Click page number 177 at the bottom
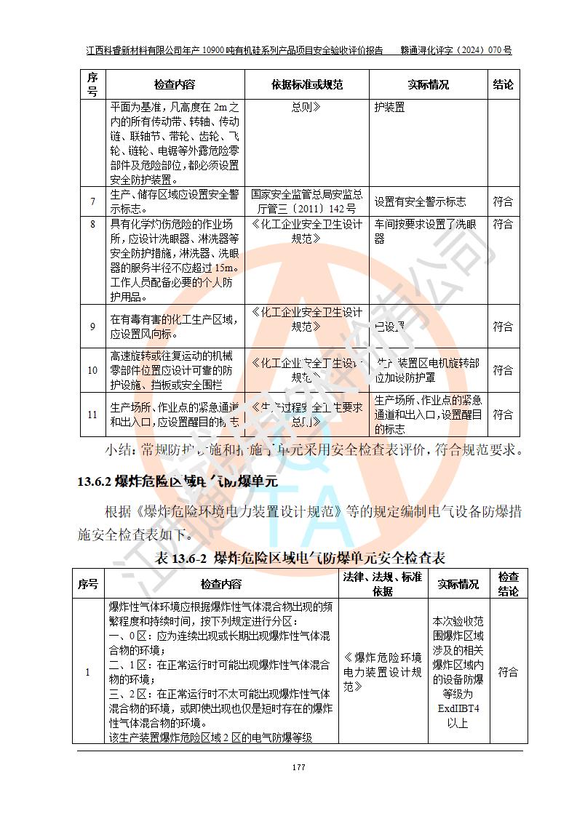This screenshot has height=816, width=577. pyautogui.click(x=298, y=767)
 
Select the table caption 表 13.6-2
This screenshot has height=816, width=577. pyautogui.click(x=301, y=558)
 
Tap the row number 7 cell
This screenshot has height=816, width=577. pyautogui.click(x=92, y=201)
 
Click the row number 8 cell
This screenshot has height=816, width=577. pyautogui.click(x=92, y=225)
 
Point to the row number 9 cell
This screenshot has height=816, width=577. pyautogui.click(x=92, y=327)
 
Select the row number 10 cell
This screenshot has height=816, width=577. pyautogui.click(x=92, y=370)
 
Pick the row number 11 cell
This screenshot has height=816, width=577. pyautogui.click(x=92, y=414)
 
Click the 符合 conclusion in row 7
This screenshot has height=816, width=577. pyautogui.click(x=503, y=201)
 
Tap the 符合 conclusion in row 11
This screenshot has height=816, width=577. pyautogui.click(x=503, y=414)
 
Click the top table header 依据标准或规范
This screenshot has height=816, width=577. pyautogui.click(x=307, y=84)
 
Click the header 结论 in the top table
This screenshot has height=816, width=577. pyautogui.click(x=503, y=84)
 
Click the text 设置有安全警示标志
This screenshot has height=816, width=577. pyautogui.click(x=420, y=201)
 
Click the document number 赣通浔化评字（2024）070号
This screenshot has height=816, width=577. pyautogui.click(x=456, y=51)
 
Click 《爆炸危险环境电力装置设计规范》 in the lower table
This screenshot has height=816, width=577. pyautogui.click(x=383, y=671)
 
